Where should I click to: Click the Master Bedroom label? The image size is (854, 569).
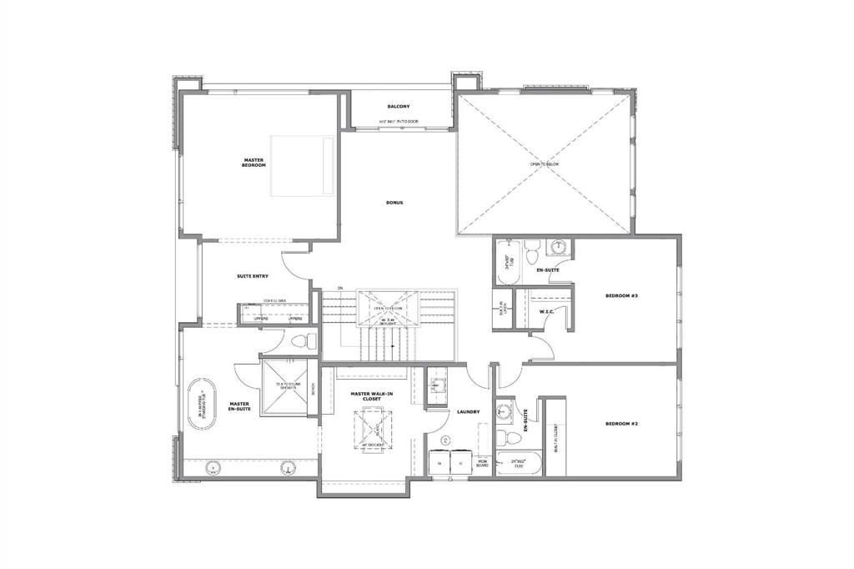(x=254, y=163)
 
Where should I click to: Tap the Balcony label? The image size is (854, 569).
(x=398, y=107)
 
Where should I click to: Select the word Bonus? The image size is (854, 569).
(x=394, y=203)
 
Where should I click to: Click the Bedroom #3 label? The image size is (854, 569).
(x=621, y=295)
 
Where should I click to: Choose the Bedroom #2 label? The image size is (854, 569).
(x=621, y=424)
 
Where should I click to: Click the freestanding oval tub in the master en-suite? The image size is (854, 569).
(x=201, y=405)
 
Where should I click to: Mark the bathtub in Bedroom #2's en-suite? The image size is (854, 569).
(x=519, y=462)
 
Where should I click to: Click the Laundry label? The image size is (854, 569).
(x=467, y=411)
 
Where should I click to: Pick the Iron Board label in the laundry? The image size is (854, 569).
(x=482, y=462)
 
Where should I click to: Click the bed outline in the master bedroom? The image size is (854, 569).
(x=302, y=166)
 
